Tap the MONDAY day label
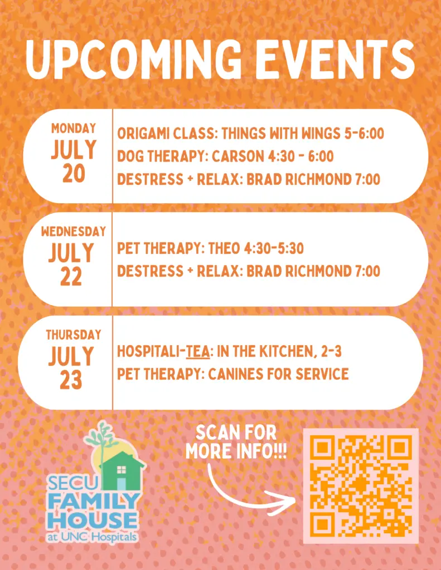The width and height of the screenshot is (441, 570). coord(73,129)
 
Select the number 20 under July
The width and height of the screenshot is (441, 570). coord(73,174)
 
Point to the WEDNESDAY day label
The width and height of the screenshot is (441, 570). coord(73,232)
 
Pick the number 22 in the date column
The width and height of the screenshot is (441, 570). coord(71,277)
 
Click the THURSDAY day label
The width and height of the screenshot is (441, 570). coord(73,335)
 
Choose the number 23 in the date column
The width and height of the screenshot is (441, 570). coord(71,380)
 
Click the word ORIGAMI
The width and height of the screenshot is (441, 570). coord(143,134)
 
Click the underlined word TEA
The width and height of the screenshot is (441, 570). coord(198,352)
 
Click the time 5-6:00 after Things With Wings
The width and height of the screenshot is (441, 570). coord(364,134)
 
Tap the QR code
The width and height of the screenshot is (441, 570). coord(361,486)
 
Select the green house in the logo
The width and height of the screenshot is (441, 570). coord(122,471)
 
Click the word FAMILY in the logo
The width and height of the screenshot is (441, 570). coord(94,502)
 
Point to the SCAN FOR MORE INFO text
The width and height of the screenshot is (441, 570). coord(236,442)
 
